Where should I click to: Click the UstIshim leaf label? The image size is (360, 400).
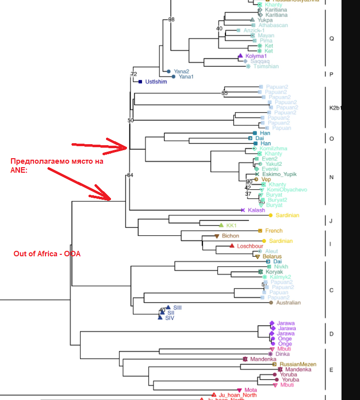(x=155, y=82)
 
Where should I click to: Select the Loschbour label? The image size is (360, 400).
(x=250, y=246)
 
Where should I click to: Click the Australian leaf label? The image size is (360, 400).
(x=288, y=302)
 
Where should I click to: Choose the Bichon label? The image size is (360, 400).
(x=230, y=236)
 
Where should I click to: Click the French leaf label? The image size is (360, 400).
(x=273, y=231)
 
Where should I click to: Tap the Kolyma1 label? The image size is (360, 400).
(x=256, y=56)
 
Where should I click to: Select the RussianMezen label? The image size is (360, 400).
(x=295, y=364)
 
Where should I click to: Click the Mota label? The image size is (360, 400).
(x=251, y=390)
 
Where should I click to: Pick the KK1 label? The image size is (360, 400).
(x=231, y=225)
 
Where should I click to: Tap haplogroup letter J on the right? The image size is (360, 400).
(x=330, y=220)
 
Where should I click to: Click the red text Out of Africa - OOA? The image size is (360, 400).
(x=47, y=254)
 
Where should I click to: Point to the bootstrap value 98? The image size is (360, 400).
(x=171, y=20)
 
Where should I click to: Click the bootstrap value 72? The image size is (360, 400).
(x=133, y=74)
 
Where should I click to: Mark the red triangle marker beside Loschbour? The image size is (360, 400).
(x=232, y=246)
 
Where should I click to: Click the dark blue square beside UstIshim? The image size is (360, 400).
(x=140, y=82)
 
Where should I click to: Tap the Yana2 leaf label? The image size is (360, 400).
(x=181, y=72)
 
